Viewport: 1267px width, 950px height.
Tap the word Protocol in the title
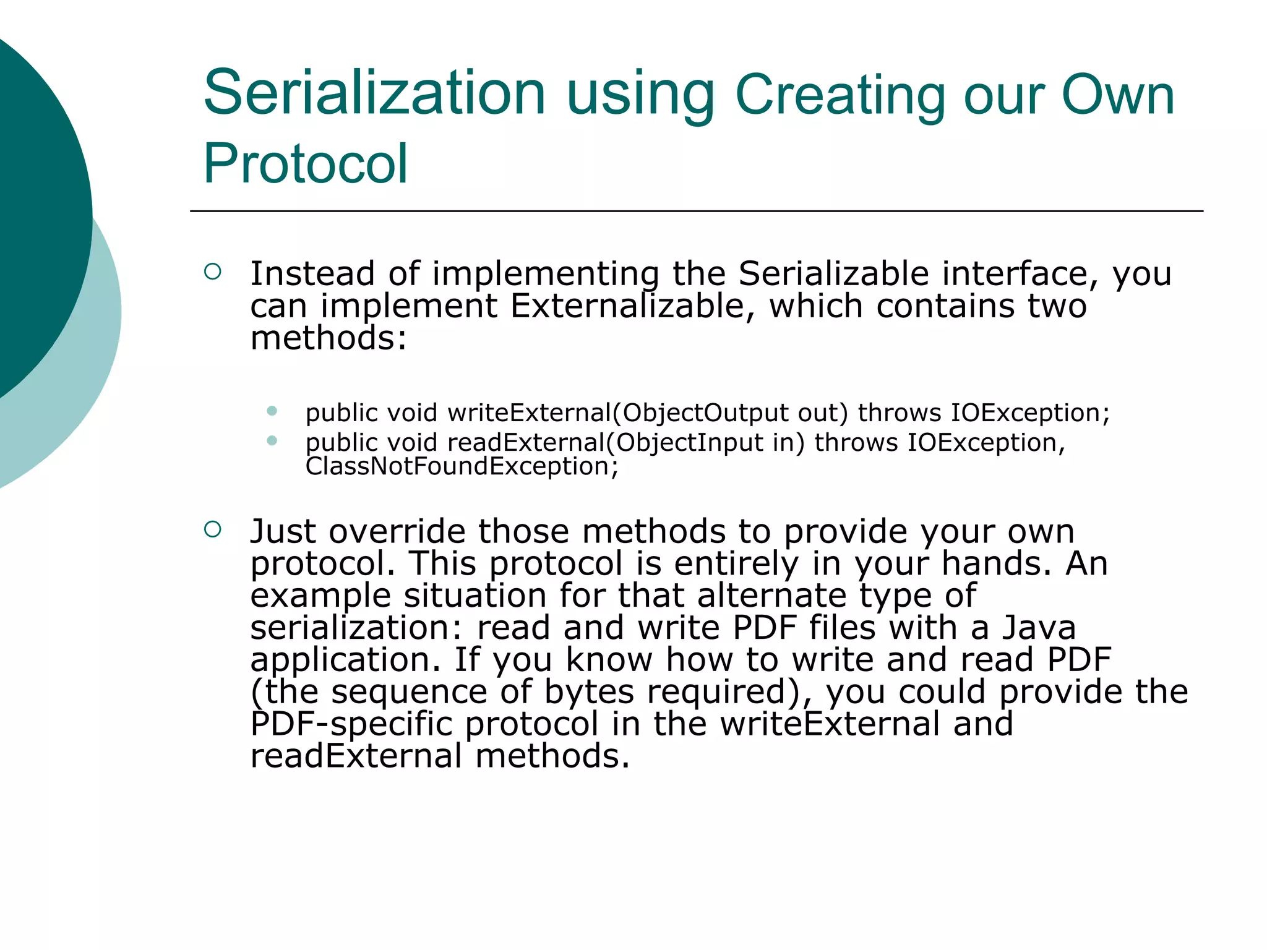[x=306, y=163]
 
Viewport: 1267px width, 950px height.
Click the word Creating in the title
[x=840, y=96]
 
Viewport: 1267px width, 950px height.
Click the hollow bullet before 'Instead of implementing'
[x=212, y=272]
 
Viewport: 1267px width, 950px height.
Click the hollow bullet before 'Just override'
[x=212, y=529]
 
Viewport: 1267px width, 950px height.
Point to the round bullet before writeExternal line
[x=272, y=411]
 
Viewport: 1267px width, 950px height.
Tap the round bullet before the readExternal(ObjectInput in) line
[x=272, y=440]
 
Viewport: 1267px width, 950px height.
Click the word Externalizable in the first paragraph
[x=627, y=306]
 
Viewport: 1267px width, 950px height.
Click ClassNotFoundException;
[x=462, y=466]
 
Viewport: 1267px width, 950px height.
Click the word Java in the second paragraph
[x=1039, y=628]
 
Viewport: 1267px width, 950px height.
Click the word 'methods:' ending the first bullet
[x=329, y=338]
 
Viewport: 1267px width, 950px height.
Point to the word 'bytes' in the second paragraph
[x=589, y=692]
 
